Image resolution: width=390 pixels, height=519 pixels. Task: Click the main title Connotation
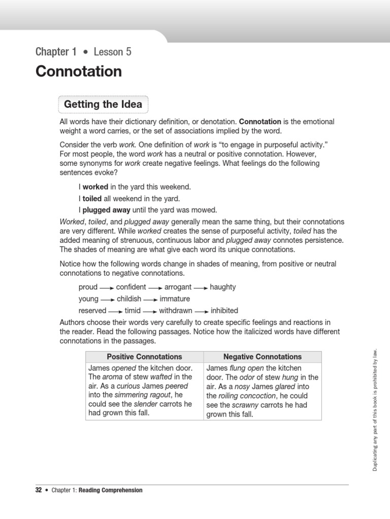[x=79, y=71]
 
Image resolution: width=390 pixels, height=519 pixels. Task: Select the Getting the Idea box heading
[x=104, y=105]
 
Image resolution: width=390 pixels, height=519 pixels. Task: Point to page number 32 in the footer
[x=39, y=490]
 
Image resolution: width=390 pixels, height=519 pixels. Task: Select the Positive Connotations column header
[x=144, y=357]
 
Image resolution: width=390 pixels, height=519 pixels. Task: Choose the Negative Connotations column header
[x=263, y=357]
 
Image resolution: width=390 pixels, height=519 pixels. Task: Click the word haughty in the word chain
[x=222, y=287]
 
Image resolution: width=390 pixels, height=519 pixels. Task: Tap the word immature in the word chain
[x=175, y=299]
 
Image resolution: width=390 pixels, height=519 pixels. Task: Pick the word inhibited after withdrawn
[x=224, y=311]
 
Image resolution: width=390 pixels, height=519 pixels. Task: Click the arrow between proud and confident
[x=107, y=287]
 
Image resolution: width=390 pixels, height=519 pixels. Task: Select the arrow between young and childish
[x=108, y=300]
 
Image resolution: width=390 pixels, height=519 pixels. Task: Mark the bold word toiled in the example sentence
[x=92, y=199]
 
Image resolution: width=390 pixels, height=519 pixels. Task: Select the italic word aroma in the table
[x=113, y=377]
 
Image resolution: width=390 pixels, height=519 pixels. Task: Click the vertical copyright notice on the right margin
[x=375, y=410]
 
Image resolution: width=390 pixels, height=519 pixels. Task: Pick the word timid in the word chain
[x=133, y=311]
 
